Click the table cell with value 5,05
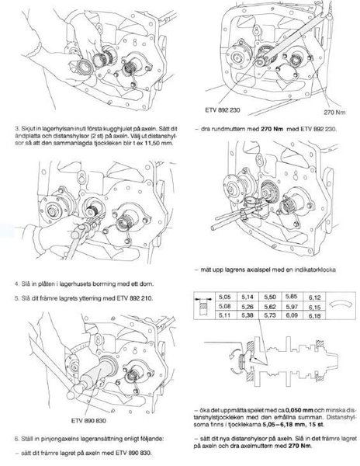coord(225,297)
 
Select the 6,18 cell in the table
coord(314,315)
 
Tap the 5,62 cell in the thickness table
coord(270,307)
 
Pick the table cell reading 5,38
coord(247,315)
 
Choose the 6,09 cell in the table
coord(292,315)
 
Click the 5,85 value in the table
coord(292,297)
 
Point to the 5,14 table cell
coord(247,297)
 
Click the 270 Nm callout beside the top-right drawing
coord(334,113)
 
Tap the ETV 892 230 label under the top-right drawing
coord(223,110)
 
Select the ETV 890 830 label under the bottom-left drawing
coord(88,420)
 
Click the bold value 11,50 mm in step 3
coord(161,143)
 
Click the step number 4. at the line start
coord(17,283)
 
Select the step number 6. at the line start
coord(17,439)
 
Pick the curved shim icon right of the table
coord(341,305)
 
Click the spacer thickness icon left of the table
coord(204,305)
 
